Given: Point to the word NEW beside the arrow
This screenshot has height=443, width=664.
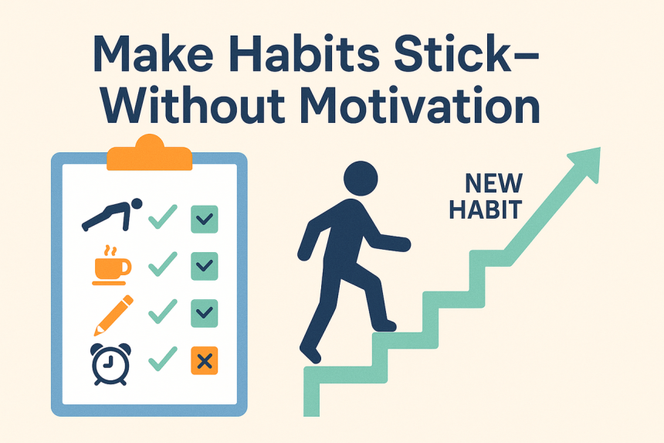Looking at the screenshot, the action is (494, 183).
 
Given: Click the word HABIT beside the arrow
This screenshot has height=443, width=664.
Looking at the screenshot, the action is (486, 209).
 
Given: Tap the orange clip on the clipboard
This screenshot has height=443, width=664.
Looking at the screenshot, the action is (150, 153).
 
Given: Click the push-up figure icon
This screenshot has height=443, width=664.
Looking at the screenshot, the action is (112, 214).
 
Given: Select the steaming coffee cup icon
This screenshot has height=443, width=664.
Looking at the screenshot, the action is (111, 265).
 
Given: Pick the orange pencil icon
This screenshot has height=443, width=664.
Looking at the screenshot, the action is (113, 315).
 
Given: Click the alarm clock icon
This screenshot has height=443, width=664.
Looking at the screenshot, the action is (110, 364).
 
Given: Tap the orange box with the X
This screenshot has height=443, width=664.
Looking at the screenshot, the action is (205, 361).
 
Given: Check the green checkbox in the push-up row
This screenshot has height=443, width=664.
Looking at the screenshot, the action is (205, 219).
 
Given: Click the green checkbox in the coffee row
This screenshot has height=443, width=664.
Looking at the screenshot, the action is (205, 266).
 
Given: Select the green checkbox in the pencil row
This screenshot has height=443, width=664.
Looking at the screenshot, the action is (205, 313).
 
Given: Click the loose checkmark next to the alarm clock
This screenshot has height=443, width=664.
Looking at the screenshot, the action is (163, 359).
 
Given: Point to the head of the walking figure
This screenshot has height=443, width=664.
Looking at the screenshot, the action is (361, 179).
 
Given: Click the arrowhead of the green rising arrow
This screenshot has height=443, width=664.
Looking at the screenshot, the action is (587, 163).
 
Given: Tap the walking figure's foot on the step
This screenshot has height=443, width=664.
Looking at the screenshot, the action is (385, 326).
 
